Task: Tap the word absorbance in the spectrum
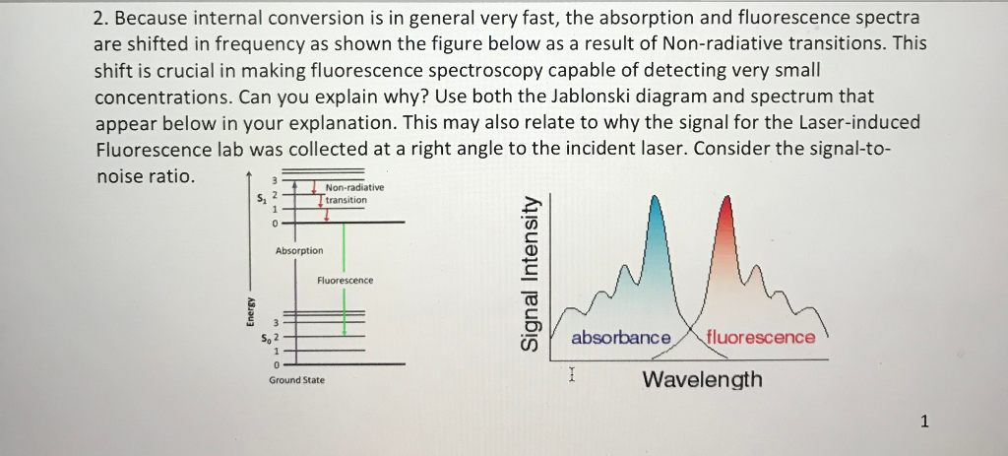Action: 620,338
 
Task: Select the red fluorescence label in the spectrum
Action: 760,338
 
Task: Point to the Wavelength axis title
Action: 701,380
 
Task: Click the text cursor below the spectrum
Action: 571,374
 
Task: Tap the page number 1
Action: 923,423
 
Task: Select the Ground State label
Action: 296,379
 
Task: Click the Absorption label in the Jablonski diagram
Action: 298,251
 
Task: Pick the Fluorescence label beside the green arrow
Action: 345,281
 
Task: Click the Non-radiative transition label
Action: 347,193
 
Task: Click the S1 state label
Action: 259,201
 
